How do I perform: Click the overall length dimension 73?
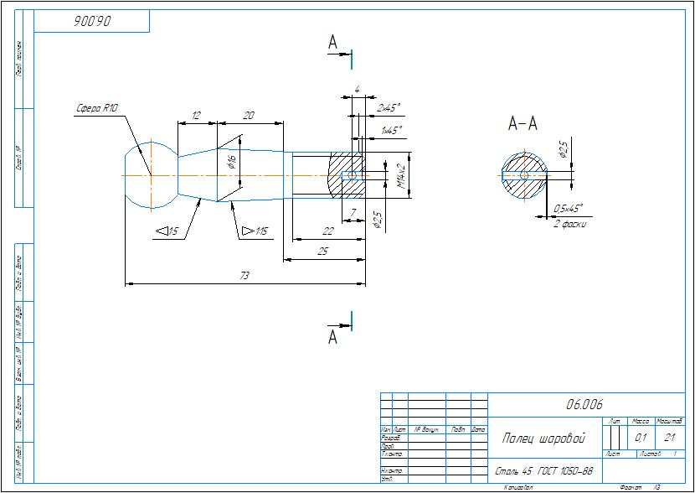click(245, 275)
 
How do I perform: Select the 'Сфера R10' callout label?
click(97, 107)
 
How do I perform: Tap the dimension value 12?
click(196, 115)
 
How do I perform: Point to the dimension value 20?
click(249, 115)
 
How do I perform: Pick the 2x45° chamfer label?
click(389, 108)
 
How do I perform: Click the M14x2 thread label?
click(401, 176)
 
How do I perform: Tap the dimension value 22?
click(327, 230)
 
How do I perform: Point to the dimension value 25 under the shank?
click(323, 251)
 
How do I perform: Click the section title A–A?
click(523, 125)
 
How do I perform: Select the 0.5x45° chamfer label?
click(569, 208)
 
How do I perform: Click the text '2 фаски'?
click(570, 224)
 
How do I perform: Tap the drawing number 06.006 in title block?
click(584, 404)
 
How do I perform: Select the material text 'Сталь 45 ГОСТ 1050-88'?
click(544, 471)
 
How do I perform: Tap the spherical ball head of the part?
click(149, 174)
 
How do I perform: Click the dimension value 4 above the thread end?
click(358, 89)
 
